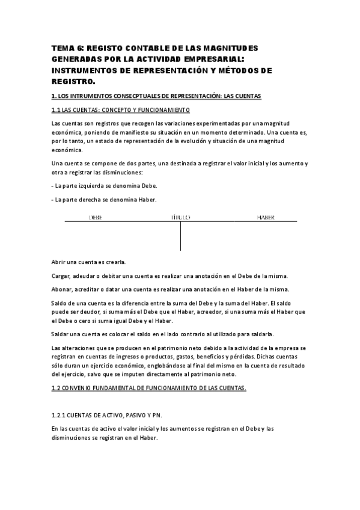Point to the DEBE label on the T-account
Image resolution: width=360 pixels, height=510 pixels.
coord(95,217)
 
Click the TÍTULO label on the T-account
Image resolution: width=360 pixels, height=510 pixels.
coord(180,217)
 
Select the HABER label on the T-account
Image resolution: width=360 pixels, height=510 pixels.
coord(266,217)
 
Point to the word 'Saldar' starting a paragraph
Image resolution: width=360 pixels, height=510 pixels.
coord(62,334)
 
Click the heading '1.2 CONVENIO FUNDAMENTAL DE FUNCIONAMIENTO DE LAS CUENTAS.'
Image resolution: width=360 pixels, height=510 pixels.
coord(149,389)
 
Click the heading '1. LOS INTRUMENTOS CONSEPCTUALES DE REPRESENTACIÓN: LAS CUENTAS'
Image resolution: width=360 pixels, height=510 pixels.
coord(157,96)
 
